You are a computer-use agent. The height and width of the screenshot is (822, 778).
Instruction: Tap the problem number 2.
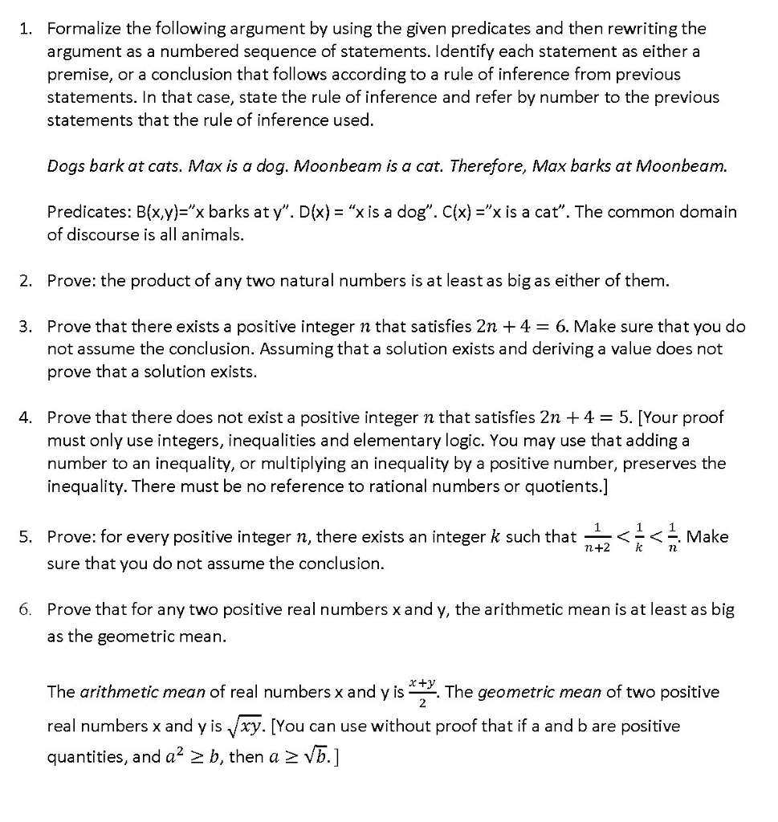coord(26,281)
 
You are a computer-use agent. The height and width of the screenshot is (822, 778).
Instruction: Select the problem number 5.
coord(26,536)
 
